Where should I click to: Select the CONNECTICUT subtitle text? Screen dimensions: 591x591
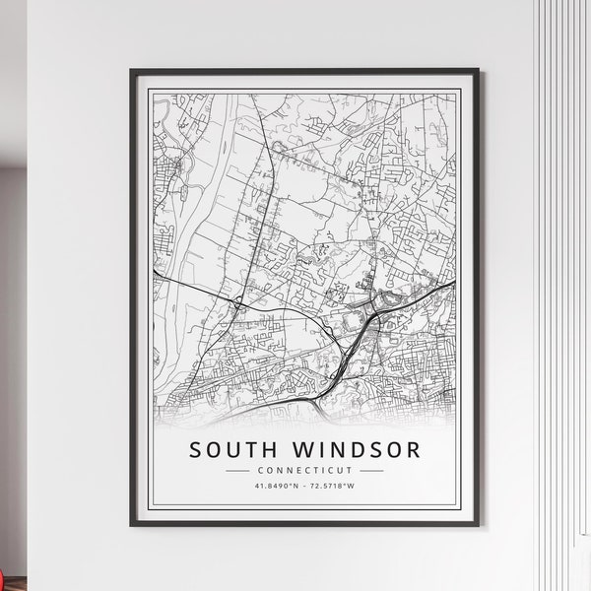304,471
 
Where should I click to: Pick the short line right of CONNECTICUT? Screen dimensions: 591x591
370,471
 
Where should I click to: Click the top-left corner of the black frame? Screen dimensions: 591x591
132,71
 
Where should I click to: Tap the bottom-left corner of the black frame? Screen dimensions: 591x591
132,525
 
